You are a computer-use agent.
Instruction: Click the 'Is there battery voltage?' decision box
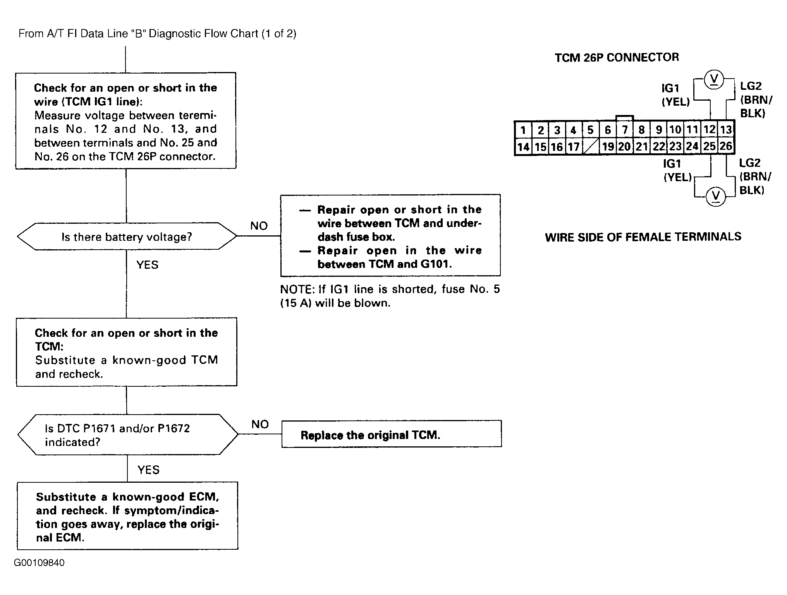pos(127,236)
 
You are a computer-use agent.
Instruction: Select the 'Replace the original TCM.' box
pos(392,434)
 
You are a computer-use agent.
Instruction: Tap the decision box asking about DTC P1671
pos(128,434)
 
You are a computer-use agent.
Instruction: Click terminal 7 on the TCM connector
pos(625,130)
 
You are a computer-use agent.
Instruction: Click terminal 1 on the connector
pos(523,130)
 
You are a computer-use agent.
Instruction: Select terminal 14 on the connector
pos(523,147)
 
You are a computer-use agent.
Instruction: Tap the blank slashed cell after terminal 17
pos(591,147)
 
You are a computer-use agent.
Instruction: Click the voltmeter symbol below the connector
pos(715,197)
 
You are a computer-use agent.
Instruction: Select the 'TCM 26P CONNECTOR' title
pos(617,57)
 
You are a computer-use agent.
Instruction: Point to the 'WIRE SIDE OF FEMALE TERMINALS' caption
pos(643,237)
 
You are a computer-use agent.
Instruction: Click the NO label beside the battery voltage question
pos(259,226)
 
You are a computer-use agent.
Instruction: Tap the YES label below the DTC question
pos(148,470)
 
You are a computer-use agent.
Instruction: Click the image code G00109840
pos(39,562)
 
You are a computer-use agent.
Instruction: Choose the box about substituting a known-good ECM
pos(127,516)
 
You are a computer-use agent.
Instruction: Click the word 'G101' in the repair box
pos(436,264)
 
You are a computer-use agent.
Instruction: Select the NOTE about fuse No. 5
pos(390,296)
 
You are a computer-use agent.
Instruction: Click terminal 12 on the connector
pos(710,130)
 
